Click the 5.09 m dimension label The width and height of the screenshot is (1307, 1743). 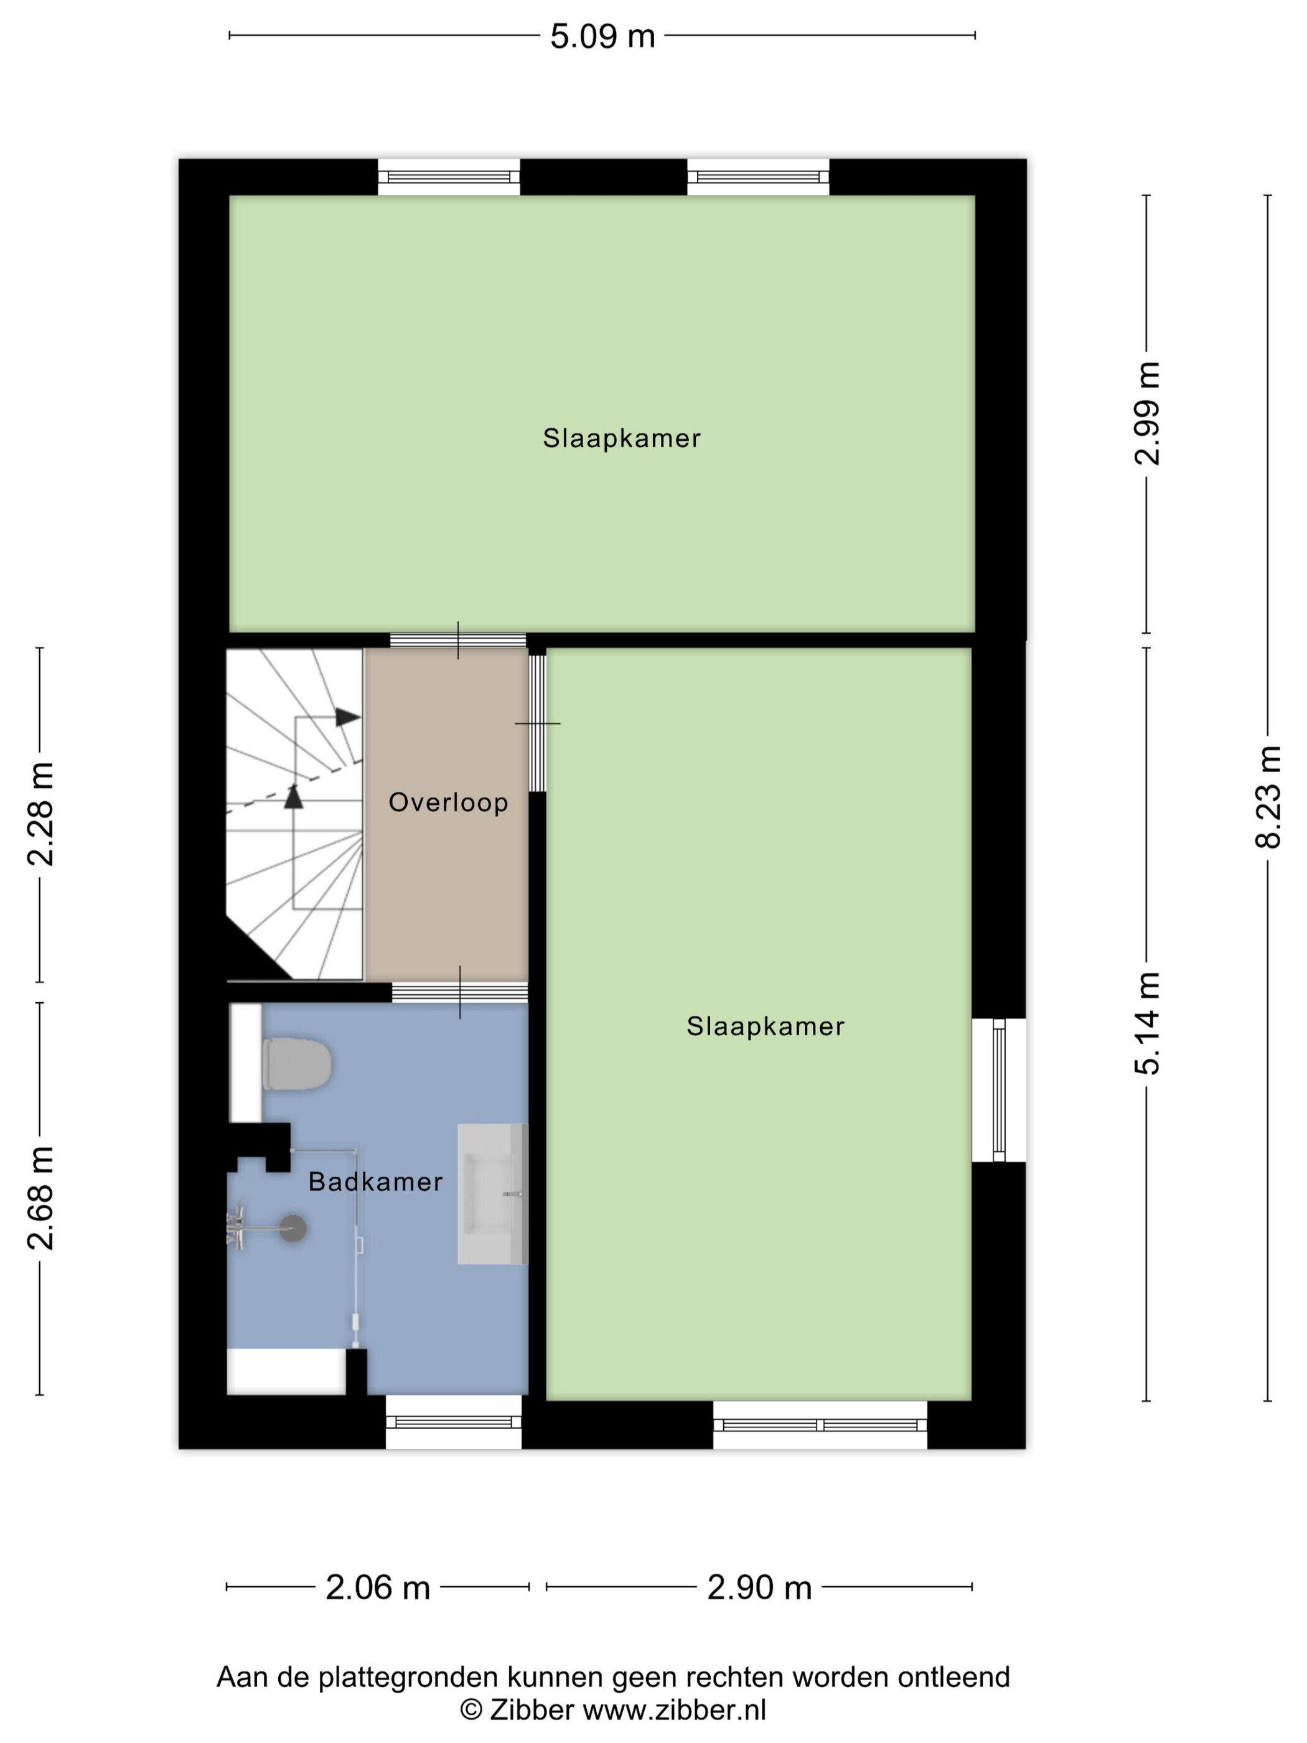click(x=602, y=36)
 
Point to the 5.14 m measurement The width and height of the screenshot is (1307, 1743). click(x=1146, y=1023)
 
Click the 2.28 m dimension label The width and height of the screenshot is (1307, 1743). click(x=40, y=814)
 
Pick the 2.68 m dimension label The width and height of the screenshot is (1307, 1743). click(x=40, y=1198)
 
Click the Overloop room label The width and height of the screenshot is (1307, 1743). click(x=448, y=803)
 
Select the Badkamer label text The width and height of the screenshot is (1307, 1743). click(x=375, y=1182)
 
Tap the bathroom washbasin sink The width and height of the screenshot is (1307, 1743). click(x=492, y=1194)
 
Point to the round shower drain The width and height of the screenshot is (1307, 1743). click(x=293, y=1228)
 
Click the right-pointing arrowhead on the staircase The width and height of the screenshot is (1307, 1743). click(x=347, y=718)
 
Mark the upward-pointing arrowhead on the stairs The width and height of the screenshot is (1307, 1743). click(x=293, y=797)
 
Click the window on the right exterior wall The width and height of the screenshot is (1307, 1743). click(x=998, y=1090)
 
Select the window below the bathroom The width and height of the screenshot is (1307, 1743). click(x=454, y=1422)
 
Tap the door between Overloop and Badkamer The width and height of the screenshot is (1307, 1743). click(x=460, y=992)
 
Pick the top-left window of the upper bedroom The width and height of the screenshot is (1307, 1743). click(x=449, y=177)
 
